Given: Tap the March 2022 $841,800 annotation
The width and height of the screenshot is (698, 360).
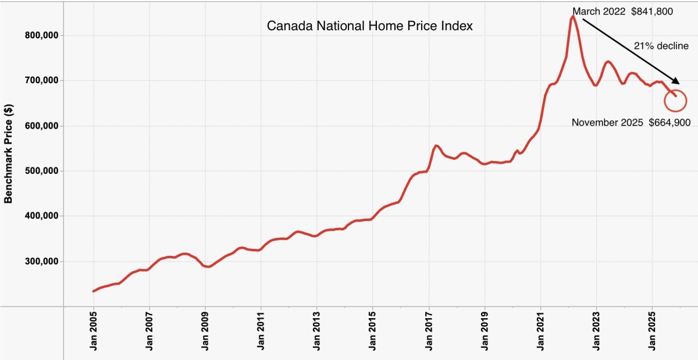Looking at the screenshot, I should [x=622, y=11].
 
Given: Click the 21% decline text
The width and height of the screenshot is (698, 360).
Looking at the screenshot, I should [x=661, y=46].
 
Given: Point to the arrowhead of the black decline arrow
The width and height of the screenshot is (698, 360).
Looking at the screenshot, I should [x=676, y=83].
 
